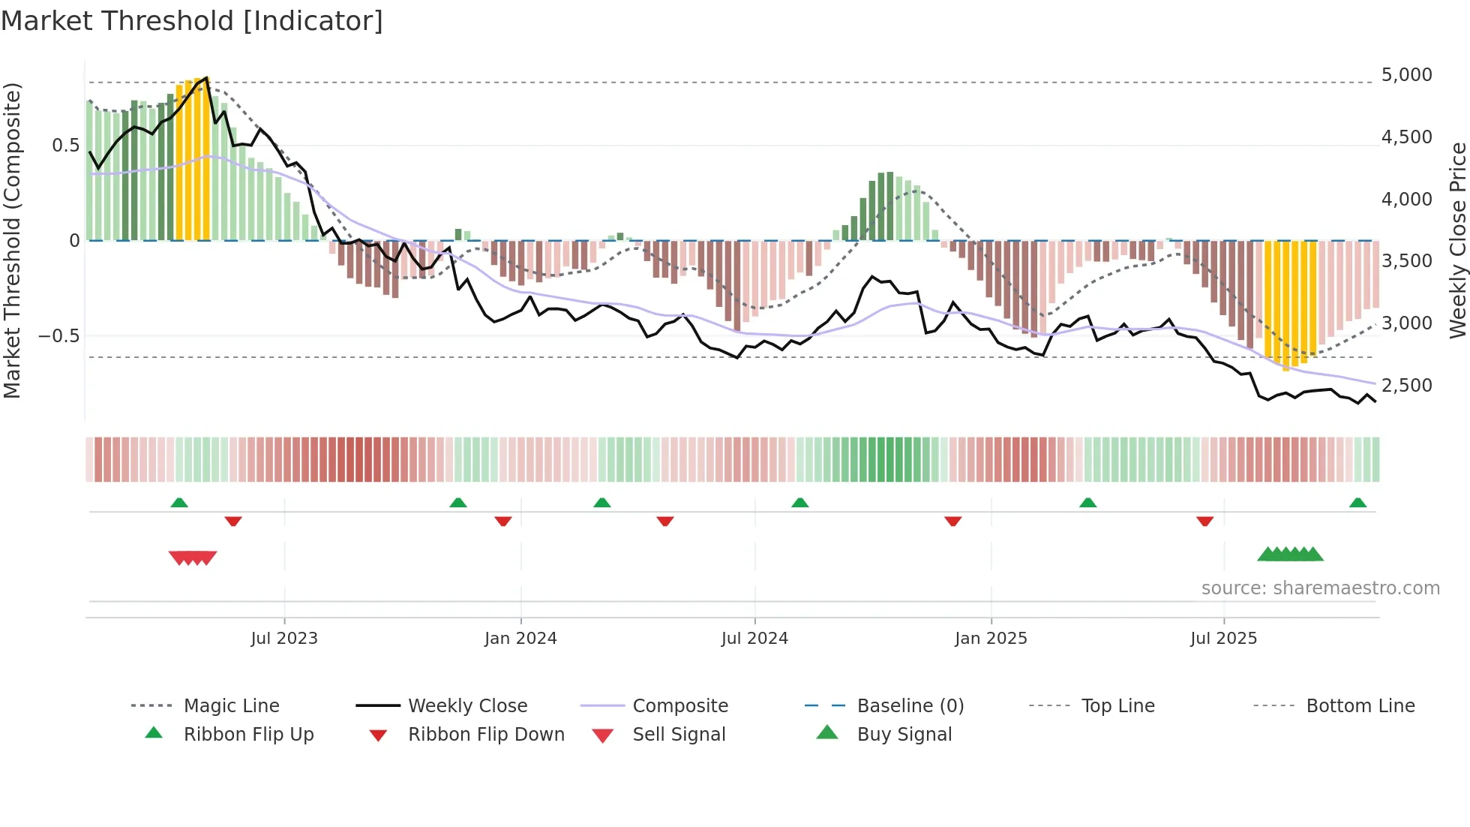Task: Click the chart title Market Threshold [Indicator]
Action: tap(192, 21)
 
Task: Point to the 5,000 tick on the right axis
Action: tap(1406, 75)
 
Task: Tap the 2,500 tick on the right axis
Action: tap(1406, 386)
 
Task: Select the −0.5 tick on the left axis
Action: tap(58, 335)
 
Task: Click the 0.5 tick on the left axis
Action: tap(65, 146)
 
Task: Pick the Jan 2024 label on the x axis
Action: tap(520, 639)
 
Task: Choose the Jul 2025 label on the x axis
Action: tap(1223, 639)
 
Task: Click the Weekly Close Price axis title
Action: tap(1457, 240)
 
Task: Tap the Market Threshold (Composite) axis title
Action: tap(12, 240)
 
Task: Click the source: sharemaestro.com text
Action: tap(1320, 588)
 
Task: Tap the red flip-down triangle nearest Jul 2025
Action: tap(1205, 521)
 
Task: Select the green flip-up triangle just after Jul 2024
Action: tap(800, 503)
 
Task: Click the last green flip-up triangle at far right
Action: tap(1357, 503)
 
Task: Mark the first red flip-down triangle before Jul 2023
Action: tap(233, 521)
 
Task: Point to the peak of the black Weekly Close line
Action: tap(206, 78)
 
